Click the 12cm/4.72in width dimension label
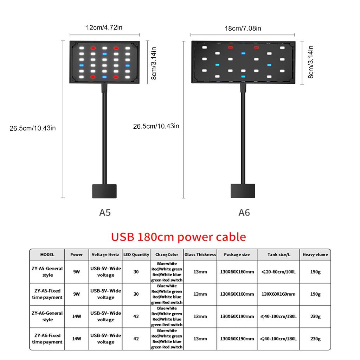tap(104, 28)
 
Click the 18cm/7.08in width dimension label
tap(243, 28)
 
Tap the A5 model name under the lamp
tap(105, 213)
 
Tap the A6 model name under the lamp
tap(244, 213)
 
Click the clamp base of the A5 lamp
tap(104, 191)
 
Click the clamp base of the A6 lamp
tap(243, 191)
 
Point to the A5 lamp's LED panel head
tap(104, 62)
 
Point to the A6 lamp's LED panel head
tap(243, 62)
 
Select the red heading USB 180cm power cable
tap(178, 237)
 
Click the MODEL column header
tap(47, 255)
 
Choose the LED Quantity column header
tap(136, 255)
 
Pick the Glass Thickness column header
tap(200, 255)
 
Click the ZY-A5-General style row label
tap(47, 272)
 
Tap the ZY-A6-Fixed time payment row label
tap(47, 339)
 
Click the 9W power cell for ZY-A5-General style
tap(77, 272)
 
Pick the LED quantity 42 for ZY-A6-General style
tap(136, 316)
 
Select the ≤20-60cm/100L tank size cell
tap(278, 272)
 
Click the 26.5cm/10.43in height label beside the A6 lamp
tap(156, 126)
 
